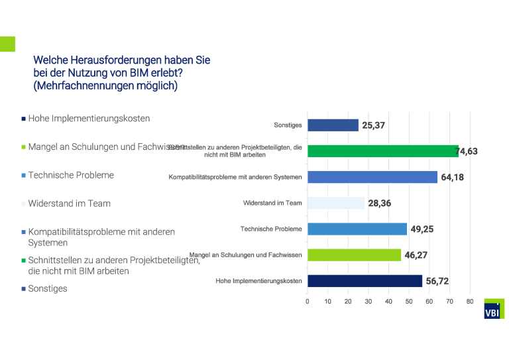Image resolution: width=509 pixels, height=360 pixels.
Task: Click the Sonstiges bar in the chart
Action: [333, 125]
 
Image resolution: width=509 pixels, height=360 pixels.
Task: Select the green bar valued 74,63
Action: [383, 151]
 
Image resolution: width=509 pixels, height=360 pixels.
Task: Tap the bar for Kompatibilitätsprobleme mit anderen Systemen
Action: [372, 177]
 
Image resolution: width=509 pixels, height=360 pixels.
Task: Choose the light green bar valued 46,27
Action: [355, 255]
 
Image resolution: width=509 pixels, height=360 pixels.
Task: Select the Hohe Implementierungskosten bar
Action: [365, 281]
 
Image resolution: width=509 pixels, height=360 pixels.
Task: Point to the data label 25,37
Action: [374, 125]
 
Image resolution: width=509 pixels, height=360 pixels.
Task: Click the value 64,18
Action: [452, 177]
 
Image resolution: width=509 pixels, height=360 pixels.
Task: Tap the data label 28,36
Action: [380, 203]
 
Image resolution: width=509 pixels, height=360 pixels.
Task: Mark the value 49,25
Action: [422, 229]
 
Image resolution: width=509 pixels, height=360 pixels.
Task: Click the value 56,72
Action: [437, 281]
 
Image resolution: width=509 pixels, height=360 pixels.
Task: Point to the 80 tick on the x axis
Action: [470, 302]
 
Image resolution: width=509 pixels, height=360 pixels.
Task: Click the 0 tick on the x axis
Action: [308, 302]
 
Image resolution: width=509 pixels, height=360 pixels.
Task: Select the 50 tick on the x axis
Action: [409, 302]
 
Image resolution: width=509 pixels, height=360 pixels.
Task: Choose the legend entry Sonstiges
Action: [48, 288]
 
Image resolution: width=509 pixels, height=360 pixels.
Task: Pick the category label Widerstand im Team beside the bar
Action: [272, 203]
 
